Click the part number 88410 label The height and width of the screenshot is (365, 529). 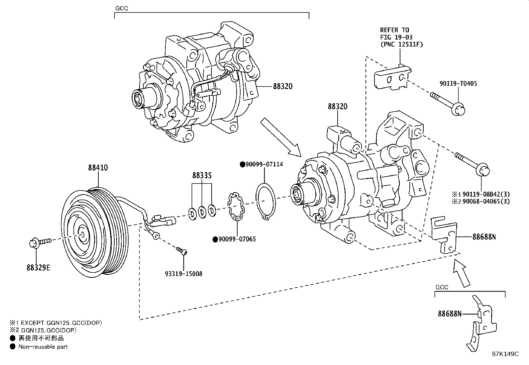[98, 168]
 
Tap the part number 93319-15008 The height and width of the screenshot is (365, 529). [183, 274]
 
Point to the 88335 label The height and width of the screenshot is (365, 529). [202, 175]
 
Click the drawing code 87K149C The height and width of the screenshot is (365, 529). [505, 354]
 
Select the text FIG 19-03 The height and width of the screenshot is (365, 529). [396, 37]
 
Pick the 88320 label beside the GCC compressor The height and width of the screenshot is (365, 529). [283, 86]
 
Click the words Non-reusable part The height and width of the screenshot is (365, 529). [43, 347]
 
